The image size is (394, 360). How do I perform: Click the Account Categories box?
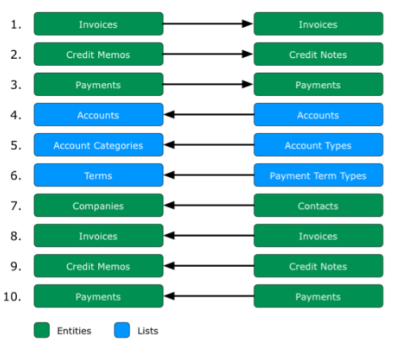click(x=98, y=145)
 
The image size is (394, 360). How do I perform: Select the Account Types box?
click(x=318, y=145)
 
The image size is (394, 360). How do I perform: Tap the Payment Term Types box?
click(x=318, y=175)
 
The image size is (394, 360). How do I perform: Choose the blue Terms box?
click(x=98, y=175)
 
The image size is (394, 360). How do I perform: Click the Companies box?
click(x=98, y=205)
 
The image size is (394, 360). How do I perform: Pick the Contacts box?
click(x=318, y=205)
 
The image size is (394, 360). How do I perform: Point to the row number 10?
click(x=12, y=296)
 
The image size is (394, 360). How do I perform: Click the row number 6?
click(x=16, y=176)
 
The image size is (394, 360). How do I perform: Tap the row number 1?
click(x=16, y=25)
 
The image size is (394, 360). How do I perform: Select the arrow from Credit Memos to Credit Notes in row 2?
click(x=208, y=54)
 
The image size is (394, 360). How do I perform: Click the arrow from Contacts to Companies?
click(x=209, y=205)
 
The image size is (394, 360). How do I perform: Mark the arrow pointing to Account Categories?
click(x=209, y=145)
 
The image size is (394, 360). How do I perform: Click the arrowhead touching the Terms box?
click(x=169, y=175)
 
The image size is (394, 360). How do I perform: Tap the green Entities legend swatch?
click(x=41, y=330)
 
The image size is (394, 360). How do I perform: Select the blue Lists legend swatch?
click(x=122, y=330)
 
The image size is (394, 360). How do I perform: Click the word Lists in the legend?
click(x=148, y=331)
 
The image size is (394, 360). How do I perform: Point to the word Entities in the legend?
click(x=74, y=331)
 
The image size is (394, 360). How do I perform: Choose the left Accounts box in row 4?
click(x=98, y=114)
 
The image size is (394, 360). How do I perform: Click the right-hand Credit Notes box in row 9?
click(x=318, y=266)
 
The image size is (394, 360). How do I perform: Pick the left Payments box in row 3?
click(x=98, y=84)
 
